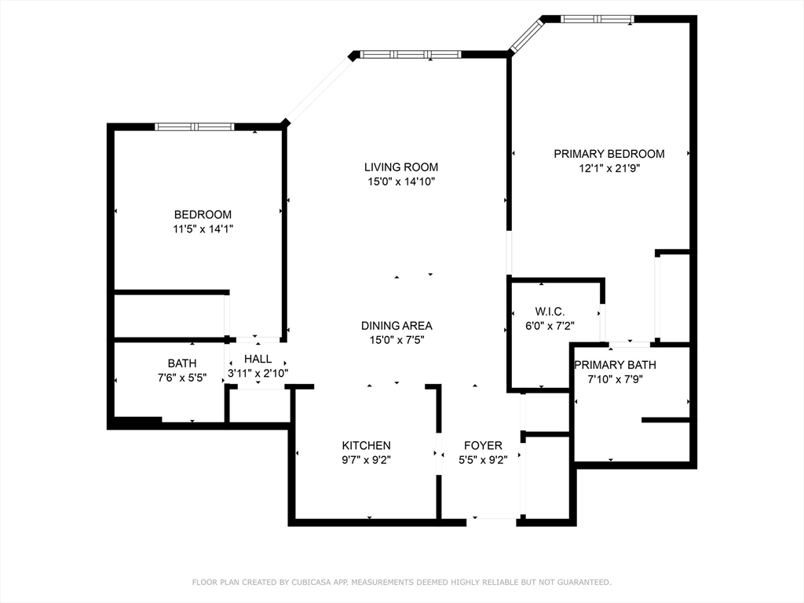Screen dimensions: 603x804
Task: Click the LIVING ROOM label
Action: click(400, 167)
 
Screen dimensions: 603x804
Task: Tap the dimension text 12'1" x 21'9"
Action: click(609, 168)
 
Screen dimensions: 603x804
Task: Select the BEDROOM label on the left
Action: click(203, 214)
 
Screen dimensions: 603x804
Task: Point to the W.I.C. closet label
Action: click(550, 312)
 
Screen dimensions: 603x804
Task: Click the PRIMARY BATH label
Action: click(615, 365)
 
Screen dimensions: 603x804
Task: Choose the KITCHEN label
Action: click(366, 445)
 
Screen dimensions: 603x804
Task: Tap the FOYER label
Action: click(483, 445)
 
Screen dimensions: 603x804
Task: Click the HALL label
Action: click(258, 359)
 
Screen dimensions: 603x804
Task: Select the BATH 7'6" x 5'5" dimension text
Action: click(181, 378)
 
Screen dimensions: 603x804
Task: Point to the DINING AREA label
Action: click(397, 326)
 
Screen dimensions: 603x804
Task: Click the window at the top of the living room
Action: click(410, 54)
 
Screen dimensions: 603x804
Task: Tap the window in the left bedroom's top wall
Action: click(194, 126)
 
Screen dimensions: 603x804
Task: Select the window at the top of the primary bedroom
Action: click(597, 19)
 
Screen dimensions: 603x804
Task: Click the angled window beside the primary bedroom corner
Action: click(525, 35)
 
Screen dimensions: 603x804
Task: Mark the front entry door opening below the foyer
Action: click(493, 518)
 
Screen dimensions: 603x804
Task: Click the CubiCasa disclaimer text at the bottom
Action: click(401, 582)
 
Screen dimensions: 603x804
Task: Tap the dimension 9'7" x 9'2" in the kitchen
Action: click(366, 460)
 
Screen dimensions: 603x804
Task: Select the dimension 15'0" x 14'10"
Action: click(400, 181)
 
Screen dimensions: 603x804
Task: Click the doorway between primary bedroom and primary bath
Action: click(630, 344)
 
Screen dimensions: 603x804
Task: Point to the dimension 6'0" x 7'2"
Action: click(550, 326)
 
